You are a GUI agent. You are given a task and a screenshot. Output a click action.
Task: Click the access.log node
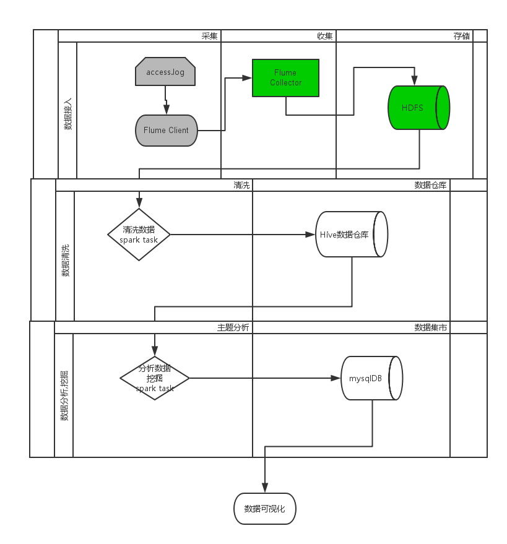(x=165, y=72)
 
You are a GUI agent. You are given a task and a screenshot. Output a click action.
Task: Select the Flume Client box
(x=166, y=130)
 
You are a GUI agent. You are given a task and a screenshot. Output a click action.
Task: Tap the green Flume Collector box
(x=285, y=78)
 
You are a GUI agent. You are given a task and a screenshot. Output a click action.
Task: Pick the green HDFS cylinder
(x=418, y=108)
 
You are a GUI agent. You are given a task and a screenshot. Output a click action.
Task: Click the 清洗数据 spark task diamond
(x=139, y=235)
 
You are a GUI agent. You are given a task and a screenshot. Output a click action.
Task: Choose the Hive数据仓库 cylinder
(x=351, y=235)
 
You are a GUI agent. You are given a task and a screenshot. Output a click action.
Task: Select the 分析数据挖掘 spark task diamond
(x=154, y=378)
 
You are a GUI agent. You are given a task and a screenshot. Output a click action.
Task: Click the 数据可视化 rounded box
(x=265, y=509)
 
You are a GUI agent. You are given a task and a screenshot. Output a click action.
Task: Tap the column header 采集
(x=210, y=36)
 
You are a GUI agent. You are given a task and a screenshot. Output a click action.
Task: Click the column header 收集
(x=325, y=36)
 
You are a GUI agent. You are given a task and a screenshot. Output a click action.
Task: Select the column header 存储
(x=462, y=36)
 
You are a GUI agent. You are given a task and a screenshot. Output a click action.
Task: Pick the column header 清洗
(x=241, y=185)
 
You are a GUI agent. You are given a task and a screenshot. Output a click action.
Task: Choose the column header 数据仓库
(x=431, y=185)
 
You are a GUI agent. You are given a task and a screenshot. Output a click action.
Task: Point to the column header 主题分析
(x=233, y=327)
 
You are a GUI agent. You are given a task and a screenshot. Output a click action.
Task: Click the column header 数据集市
(x=431, y=327)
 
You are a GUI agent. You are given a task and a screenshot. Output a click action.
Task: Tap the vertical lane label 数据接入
(x=67, y=114)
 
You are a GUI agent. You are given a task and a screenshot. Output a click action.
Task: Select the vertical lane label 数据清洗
(x=65, y=261)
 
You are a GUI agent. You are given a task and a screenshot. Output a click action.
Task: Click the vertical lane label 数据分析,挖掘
(x=64, y=396)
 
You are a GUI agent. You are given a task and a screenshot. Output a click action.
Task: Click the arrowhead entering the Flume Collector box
(x=248, y=78)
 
